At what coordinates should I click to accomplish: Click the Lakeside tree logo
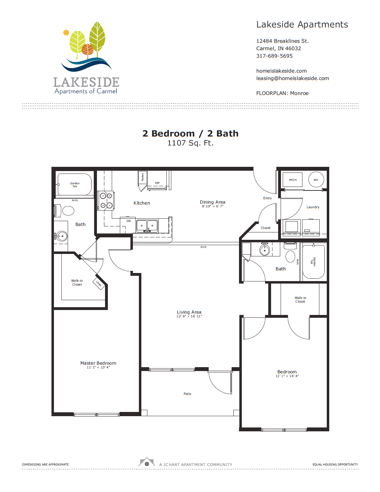[x=86, y=46]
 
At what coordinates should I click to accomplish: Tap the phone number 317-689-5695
[x=274, y=56]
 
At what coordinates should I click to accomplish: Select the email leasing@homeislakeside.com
[x=292, y=78]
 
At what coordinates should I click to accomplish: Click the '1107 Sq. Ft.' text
[x=190, y=143]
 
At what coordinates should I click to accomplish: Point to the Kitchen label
[x=142, y=203]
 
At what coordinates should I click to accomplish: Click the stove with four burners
[x=106, y=200]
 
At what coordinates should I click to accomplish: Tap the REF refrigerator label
[x=157, y=183]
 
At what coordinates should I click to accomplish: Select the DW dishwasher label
[x=129, y=221]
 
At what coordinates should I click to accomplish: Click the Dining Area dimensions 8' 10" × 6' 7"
[x=213, y=206]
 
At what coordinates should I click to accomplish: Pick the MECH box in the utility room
[x=293, y=180]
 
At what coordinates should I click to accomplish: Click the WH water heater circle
[x=316, y=180]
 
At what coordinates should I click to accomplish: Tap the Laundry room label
[x=313, y=207]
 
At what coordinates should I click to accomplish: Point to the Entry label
[x=268, y=198]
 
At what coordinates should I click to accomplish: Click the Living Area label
[x=189, y=312]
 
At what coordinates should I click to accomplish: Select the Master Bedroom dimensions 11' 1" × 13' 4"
[x=98, y=368]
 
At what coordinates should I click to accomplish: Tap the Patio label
[x=187, y=394]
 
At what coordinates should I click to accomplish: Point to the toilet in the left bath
[x=68, y=211]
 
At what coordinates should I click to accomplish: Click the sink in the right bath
[x=264, y=250]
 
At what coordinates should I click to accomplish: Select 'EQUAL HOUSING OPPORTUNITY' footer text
[x=335, y=464]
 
